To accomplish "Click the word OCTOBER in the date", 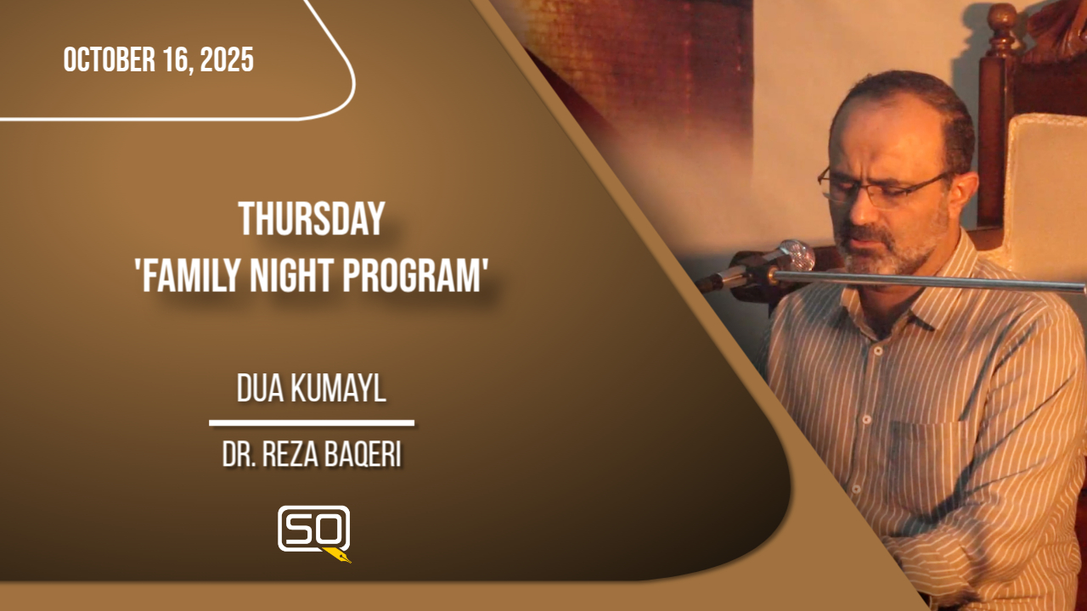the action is (x=110, y=59).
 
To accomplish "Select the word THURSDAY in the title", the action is (x=312, y=219).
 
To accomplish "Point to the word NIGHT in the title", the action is (x=292, y=275).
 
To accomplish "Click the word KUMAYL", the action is (x=340, y=389).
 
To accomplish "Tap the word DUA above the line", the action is (x=260, y=389).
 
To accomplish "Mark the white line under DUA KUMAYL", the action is (x=312, y=423).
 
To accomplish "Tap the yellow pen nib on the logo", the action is (x=338, y=555).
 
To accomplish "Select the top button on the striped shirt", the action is (x=878, y=350).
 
